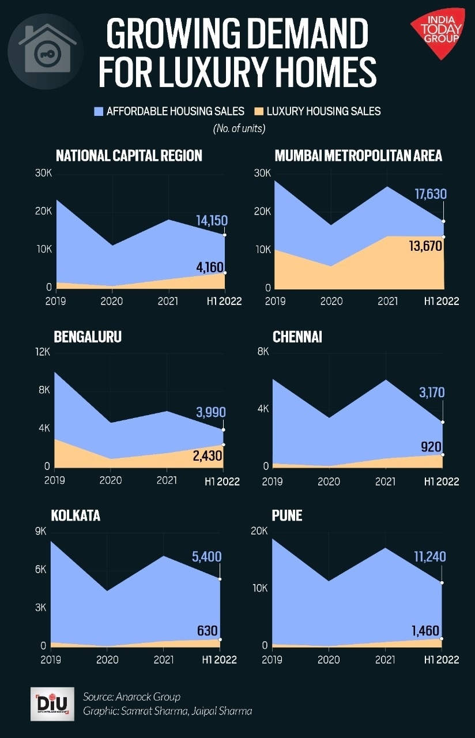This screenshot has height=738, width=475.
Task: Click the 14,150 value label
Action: pos(212,220)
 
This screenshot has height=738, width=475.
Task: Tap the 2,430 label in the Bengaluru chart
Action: pos(206,455)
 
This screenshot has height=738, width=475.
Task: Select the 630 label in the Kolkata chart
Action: pos(208,631)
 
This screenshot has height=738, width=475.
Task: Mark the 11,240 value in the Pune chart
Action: pos(429,556)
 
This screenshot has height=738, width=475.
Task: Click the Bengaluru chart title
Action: pos(88,337)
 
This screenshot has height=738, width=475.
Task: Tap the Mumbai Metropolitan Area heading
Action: pos(358,155)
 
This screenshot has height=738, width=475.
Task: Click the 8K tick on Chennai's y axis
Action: pos(262,352)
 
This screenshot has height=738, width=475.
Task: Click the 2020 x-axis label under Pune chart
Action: pos(329,660)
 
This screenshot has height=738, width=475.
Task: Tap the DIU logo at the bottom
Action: pos(51,703)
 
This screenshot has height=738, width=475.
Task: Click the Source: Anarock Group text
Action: pos(131,696)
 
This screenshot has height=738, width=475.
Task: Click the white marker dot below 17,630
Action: pos(443,221)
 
